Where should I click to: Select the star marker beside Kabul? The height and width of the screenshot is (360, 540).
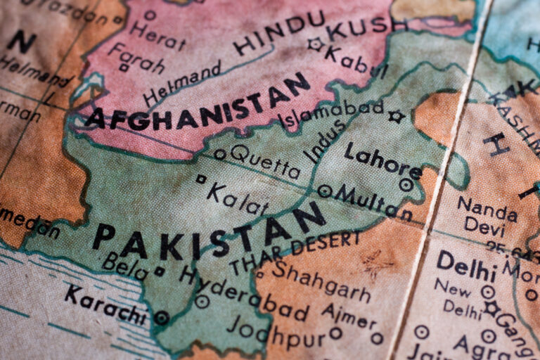tap(315, 44)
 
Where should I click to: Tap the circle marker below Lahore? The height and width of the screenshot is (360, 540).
tap(406, 185)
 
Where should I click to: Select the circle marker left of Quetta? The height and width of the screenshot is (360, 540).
tap(221, 154)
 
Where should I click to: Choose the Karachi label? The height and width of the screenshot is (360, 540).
tap(105, 303)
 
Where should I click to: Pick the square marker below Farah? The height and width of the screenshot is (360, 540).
tap(124, 68)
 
